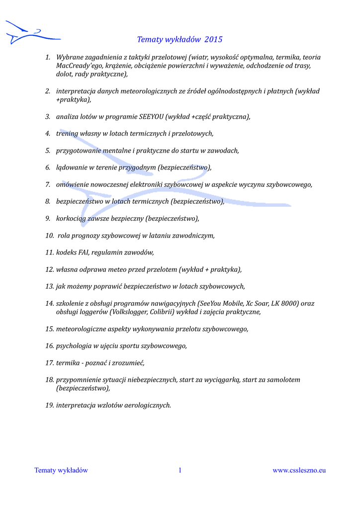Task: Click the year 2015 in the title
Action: pyautogui.click(x=213, y=39)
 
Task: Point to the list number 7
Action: pyautogui.click(x=48, y=184)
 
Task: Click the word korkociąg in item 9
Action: pyautogui.click(x=72, y=218)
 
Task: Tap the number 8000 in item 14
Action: pyautogui.click(x=289, y=303)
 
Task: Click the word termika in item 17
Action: pyautogui.click(x=69, y=363)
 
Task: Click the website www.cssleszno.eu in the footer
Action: pyautogui.click(x=299, y=470)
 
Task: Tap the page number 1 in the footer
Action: pyautogui.click(x=180, y=470)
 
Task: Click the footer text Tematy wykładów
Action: pyautogui.click(x=61, y=470)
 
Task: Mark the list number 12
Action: pyautogui.click(x=49, y=269)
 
